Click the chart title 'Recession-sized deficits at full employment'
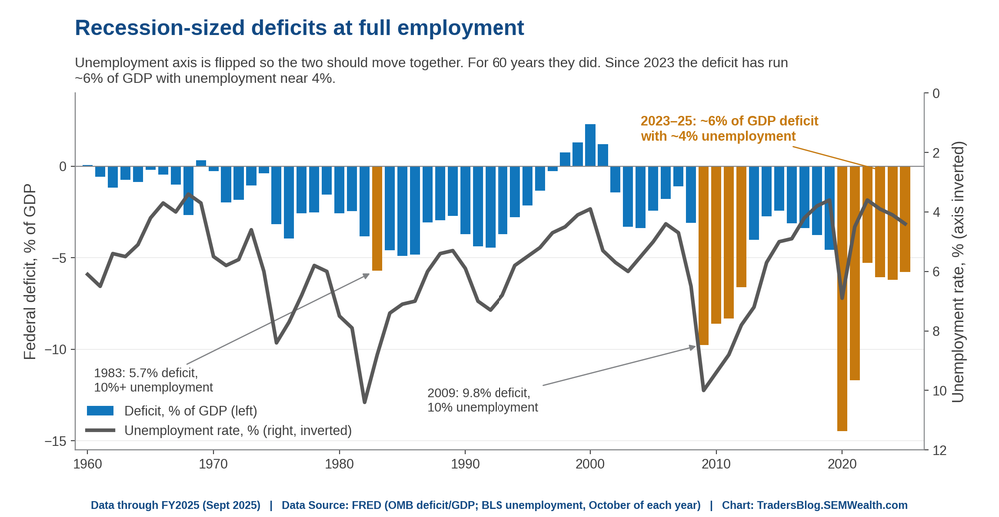[300, 28]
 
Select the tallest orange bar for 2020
[842, 298]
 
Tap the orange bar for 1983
[377, 218]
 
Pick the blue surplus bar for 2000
[590, 145]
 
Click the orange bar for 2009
[704, 256]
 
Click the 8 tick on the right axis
[935, 331]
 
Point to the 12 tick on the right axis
[938, 450]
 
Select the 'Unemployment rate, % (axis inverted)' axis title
[958, 272]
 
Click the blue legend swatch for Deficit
[99, 411]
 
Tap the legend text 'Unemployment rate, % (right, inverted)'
[238, 431]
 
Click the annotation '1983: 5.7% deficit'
[146, 373]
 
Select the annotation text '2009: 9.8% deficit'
[478, 393]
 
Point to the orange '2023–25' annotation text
[729, 128]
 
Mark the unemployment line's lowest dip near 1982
[365, 402]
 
